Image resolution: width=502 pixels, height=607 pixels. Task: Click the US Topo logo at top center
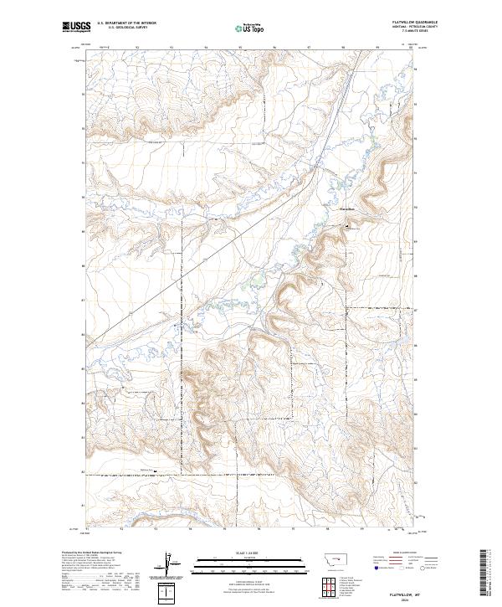coord(251,28)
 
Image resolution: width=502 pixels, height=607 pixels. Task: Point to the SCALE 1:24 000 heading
coord(250,551)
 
